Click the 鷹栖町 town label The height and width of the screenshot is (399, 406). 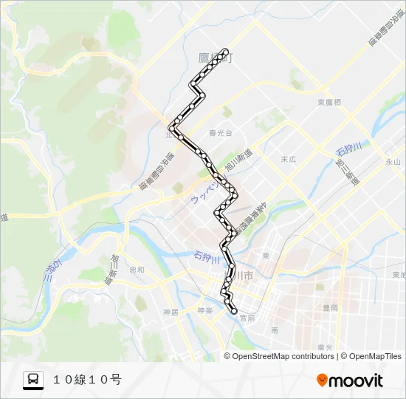215,57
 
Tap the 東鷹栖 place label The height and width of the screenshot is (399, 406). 328,103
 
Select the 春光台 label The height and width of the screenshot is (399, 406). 220,134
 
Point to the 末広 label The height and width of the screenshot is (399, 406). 288,159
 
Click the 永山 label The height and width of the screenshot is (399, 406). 392,161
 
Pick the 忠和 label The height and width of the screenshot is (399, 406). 137,270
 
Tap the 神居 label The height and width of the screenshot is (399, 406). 171,312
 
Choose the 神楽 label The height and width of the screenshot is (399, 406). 205,310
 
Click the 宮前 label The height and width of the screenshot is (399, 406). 247,318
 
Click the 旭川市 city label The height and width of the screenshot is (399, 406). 240,275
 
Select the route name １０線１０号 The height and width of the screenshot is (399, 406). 86,380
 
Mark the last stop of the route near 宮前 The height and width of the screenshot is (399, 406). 235,311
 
